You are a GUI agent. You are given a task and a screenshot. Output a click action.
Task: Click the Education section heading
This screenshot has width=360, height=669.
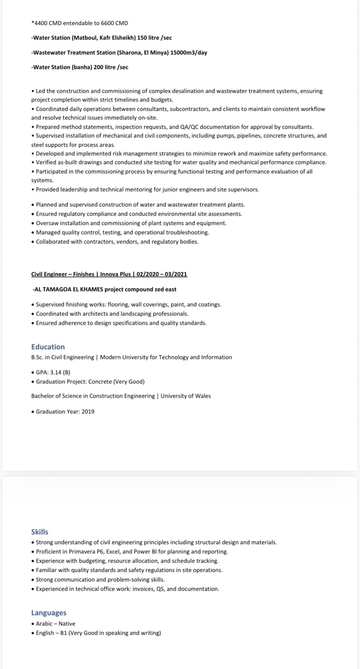click(48, 347)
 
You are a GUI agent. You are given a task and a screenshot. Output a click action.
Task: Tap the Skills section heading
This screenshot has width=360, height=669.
click(40, 532)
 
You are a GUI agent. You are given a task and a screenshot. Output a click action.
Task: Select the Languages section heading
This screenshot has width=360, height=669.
click(49, 613)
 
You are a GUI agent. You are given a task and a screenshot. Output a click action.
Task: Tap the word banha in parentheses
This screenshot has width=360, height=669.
click(82, 67)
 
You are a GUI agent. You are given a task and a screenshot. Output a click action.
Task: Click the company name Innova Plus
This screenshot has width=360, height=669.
click(115, 274)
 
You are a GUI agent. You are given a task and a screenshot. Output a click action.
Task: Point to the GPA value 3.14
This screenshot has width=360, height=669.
click(56, 372)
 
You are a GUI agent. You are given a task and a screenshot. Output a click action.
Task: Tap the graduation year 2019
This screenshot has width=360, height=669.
click(88, 412)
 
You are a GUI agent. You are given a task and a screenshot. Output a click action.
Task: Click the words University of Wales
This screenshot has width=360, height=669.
click(186, 396)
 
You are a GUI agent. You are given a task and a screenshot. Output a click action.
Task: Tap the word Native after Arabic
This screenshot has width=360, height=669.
click(67, 624)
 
